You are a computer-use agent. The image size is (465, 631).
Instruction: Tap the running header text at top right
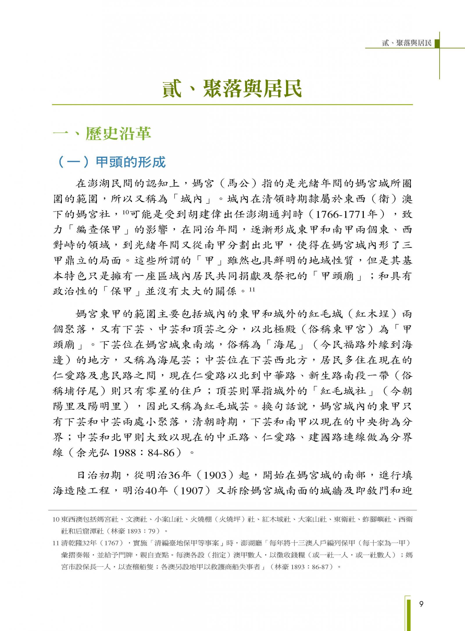coord(407,43)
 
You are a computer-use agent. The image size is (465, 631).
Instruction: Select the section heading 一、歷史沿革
coord(102,134)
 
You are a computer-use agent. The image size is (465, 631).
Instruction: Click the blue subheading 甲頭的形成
coord(130,162)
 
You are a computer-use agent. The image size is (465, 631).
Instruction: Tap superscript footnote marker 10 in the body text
coord(125,212)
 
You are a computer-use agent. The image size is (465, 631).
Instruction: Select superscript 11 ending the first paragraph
coord(252,289)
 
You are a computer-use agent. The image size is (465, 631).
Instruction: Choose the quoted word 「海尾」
coord(285,345)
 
